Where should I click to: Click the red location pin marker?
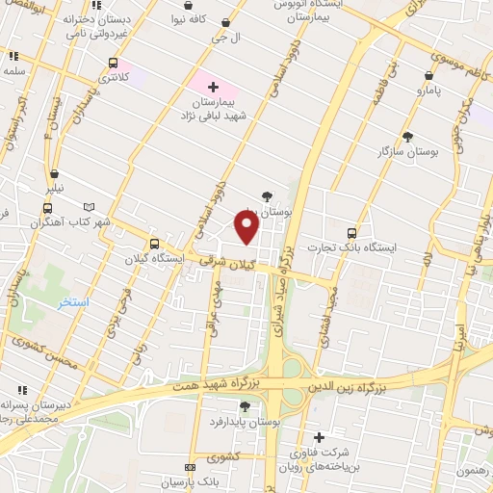(247, 227)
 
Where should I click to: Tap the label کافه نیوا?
(192, 18)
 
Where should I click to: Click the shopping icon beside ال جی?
(225, 23)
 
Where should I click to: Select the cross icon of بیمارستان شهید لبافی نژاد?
(213, 88)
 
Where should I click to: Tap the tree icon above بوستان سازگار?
(407, 137)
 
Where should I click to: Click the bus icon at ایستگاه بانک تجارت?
(351, 232)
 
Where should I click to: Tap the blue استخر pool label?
(72, 302)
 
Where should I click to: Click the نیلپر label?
(58, 189)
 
